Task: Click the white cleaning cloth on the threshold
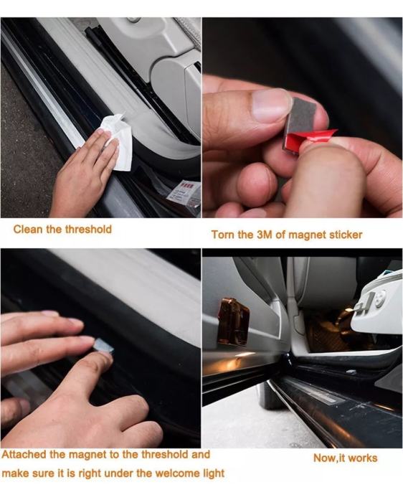tap(117, 142)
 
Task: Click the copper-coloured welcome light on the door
tap(234, 321)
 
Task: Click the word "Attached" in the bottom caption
tap(24, 455)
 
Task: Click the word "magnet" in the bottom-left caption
tap(87, 455)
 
